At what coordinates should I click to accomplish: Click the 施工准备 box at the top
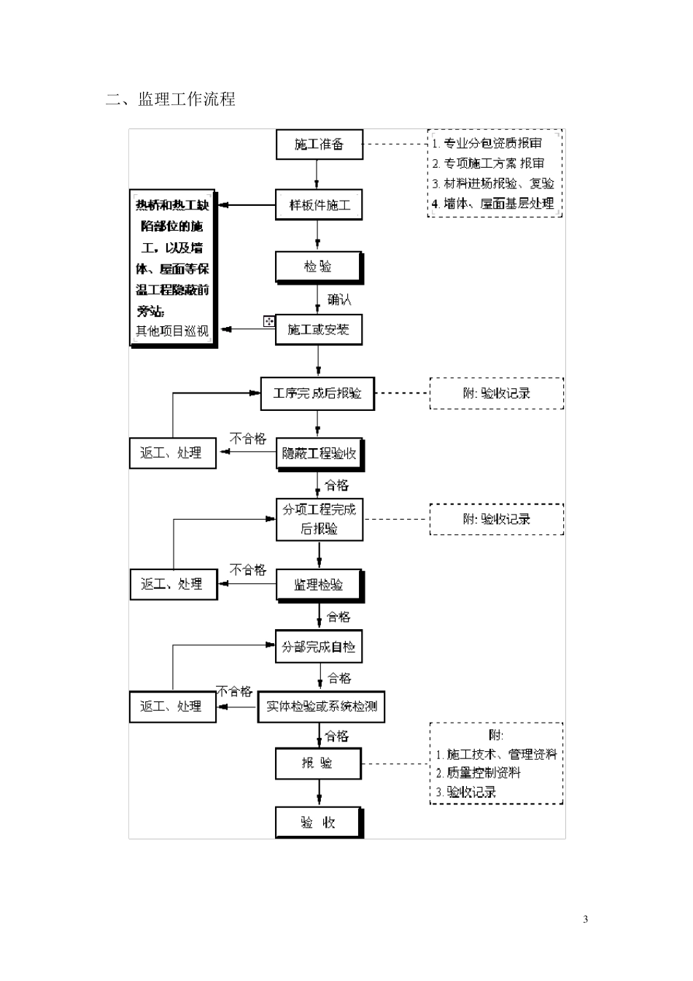click(x=319, y=145)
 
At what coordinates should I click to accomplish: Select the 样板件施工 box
click(x=319, y=206)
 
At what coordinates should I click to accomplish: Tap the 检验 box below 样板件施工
click(x=318, y=267)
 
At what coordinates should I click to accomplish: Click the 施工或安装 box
click(x=318, y=330)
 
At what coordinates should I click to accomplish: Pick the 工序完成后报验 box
click(x=317, y=393)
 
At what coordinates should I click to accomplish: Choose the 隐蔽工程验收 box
click(x=319, y=454)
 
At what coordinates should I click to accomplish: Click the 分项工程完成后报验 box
click(x=319, y=519)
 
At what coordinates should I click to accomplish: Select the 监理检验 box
click(x=319, y=585)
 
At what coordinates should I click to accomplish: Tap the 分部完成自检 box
click(x=318, y=647)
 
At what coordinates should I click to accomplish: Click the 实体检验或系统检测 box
click(x=321, y=707)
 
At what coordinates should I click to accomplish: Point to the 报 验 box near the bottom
click(x=318, y=763)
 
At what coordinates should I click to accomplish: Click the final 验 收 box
click(x=318, y=823)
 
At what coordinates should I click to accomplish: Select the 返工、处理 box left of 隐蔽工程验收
click(x=172, y=453)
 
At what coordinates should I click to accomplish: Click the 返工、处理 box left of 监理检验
click(x=173, y=585)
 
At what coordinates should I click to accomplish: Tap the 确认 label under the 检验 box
click(x=339, y=299)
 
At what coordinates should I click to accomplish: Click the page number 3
click(x=585, y=919)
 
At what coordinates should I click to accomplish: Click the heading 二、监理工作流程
click(x=171, y=99)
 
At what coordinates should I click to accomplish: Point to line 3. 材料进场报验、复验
click(x=493, y=184)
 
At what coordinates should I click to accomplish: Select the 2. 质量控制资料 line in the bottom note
click(x=479, y=773)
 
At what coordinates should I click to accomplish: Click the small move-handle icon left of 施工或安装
click(x=269, y=321)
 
